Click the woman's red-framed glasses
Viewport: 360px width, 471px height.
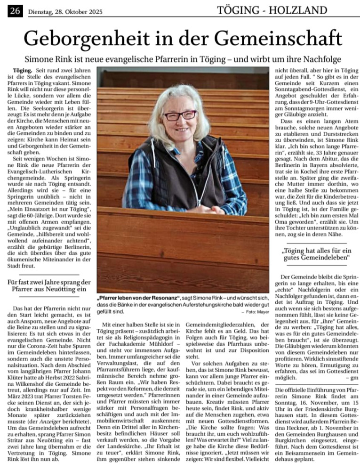pos(181,116)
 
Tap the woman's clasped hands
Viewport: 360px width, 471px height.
pos(199,209)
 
